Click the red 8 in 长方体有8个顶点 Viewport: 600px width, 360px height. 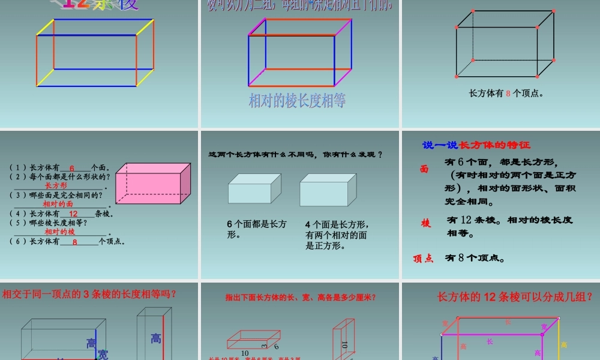508,94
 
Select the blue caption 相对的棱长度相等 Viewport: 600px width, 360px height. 297,100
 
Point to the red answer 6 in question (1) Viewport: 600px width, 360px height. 71,169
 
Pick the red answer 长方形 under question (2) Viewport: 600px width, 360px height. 56,186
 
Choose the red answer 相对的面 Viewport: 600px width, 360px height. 58,204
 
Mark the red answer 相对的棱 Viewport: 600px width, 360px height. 60,232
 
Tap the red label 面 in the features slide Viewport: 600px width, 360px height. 424,170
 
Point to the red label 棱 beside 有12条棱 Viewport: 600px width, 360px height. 426,224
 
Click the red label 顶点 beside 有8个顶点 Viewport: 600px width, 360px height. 423,259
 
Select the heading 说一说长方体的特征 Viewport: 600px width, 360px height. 476,145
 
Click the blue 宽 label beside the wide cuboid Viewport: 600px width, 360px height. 103,353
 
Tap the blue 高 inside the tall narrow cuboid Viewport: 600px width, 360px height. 156,339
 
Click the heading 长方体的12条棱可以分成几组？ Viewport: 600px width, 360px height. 515,296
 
